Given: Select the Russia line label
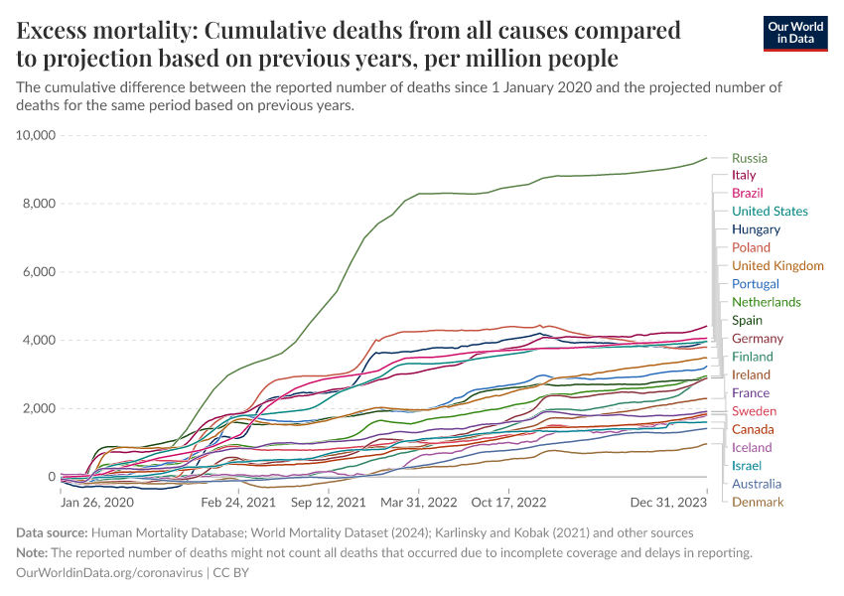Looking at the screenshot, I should pos(749,158).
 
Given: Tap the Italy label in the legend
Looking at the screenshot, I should pos(744,175).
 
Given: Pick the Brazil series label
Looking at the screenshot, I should pos(747,193).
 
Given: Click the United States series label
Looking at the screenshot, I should pos(770,212).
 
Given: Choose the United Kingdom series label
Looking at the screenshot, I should pos(777,266).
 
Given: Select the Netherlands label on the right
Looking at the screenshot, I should pos(766,302).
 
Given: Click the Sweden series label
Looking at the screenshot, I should pos(754,411).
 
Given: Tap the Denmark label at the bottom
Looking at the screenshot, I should pos(758,502).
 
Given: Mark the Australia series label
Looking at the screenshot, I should pos(757,484).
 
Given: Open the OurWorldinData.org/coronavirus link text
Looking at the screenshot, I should pos(109,573).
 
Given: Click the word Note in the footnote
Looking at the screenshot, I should pos(34,552).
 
